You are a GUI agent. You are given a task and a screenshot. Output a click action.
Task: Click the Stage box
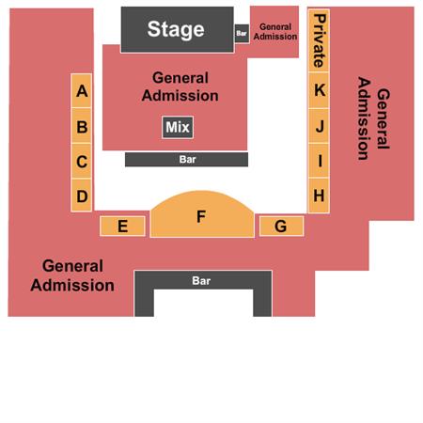(178, 29)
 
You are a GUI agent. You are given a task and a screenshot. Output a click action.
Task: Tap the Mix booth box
(178, 127)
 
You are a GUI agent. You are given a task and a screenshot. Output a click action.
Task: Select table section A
(82, 91)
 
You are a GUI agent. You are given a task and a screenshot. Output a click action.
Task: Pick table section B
(82, 126)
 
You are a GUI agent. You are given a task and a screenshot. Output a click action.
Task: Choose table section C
(82, 162)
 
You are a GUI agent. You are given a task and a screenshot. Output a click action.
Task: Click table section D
(82, 196)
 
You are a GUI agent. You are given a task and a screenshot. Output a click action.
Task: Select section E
(122, 226)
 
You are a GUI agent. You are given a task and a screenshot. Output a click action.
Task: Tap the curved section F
(202, 216)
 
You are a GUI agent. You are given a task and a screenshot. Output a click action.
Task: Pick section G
(281, 226)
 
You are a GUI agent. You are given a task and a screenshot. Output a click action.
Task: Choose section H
(319, 196)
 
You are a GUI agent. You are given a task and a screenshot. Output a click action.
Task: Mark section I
(319, 161)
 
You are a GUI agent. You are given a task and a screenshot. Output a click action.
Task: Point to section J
(319, 126)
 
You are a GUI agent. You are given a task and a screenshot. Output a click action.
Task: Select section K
(319, 90)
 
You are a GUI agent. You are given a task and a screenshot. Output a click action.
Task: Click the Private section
(319, 41)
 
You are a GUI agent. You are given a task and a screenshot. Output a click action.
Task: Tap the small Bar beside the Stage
(242, 33)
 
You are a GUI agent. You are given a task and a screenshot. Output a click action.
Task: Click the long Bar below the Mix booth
(186, 160)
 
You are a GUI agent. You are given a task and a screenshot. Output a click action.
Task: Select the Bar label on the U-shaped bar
(201, 281)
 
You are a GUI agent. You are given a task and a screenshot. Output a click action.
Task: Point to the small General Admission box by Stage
(274, 31)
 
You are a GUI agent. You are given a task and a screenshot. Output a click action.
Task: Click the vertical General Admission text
(374, 118)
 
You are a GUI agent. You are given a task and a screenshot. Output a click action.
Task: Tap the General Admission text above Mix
(180, 86)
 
